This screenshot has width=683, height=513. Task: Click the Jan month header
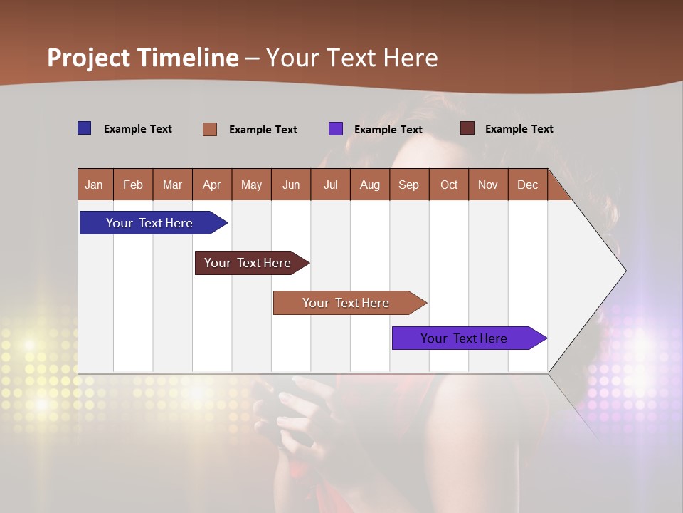(95, 185)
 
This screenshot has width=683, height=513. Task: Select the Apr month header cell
(212, 185)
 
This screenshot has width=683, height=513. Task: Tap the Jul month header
(330, 185)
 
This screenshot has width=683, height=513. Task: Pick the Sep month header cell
(409, 185)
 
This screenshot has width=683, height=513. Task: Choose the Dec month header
(527, 185)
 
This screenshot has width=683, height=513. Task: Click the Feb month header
(133, 185)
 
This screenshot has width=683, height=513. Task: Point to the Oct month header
(449, 185)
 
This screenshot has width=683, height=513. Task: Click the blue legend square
(85, 128)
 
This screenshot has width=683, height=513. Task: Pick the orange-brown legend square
(210, 129)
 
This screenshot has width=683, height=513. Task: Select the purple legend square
(336, 129)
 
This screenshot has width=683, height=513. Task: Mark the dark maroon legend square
(467, 128)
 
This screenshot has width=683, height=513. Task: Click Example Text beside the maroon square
(519, 129)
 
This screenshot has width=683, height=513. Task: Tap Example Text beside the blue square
(138, 129)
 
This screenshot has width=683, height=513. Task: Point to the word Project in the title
(89, 58)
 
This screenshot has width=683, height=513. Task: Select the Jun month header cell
(291, 185)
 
